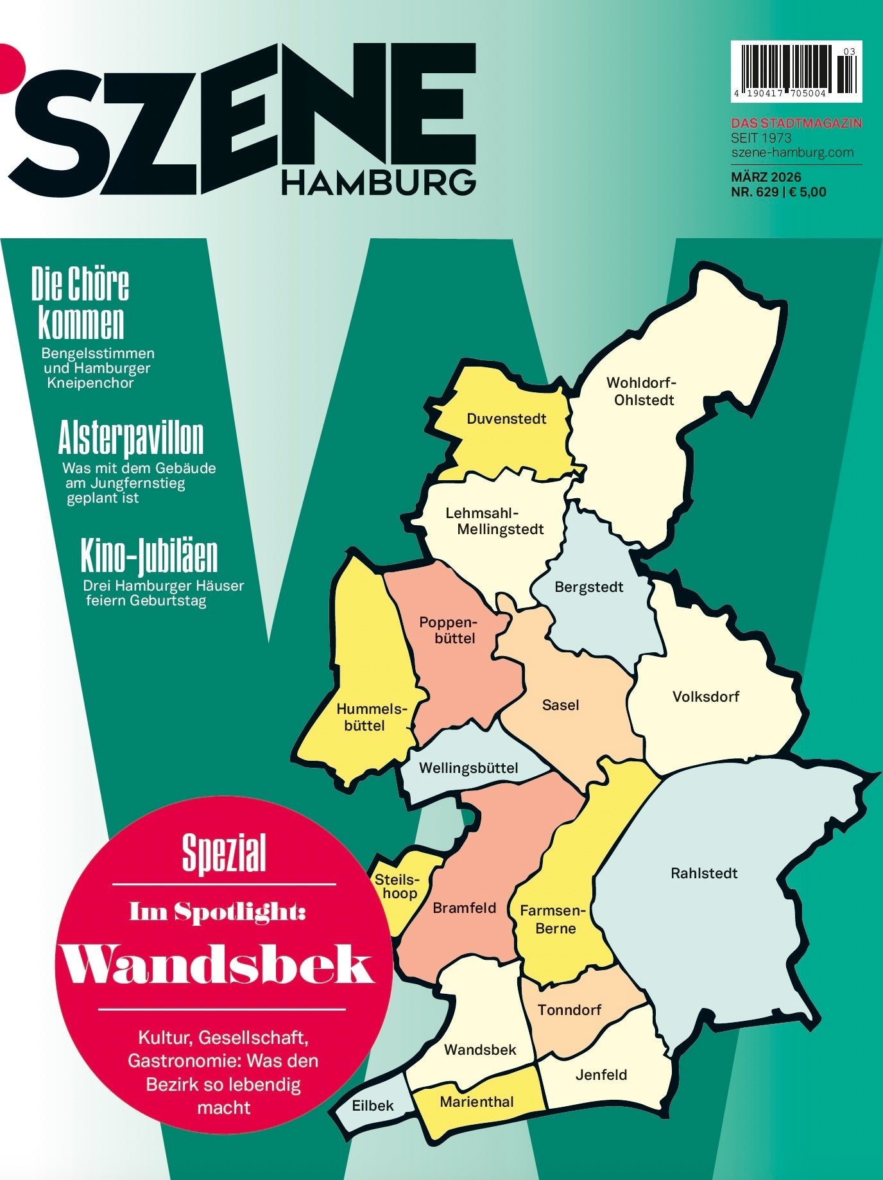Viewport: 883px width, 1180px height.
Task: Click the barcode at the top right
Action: [796, 71]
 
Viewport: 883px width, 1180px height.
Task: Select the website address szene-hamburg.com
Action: [792, 152]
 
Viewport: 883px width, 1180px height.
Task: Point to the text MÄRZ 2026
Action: [766, 177]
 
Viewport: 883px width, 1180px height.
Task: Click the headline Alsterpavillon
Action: [131, 439]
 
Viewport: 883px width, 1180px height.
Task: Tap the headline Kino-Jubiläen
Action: [149, 557]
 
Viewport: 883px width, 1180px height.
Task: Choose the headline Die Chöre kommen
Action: [81, 303]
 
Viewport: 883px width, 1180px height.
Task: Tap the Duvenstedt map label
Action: [506, 419]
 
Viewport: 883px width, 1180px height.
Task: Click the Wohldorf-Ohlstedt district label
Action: [642, 392]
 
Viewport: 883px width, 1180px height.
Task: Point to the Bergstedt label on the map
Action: [588, 587]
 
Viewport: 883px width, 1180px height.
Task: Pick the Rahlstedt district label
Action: [704, 873]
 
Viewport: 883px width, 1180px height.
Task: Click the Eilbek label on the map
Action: [373, 1106]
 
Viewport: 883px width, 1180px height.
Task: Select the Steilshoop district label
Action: [398, 886]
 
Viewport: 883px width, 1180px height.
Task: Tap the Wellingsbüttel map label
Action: [468, 768]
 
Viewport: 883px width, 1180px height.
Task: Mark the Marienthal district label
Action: [477, 1102]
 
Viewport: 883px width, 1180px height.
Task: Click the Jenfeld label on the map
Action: [601, 1075]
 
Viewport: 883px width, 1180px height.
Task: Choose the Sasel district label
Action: [560, 705]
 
